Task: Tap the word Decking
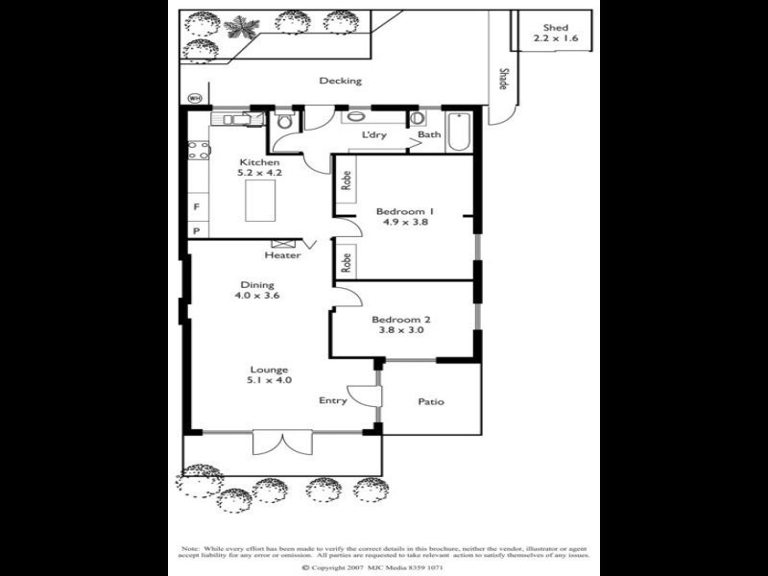coord(340,81)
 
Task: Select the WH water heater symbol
coord(195,98)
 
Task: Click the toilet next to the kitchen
coord(284,122)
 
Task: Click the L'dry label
coord(373,135)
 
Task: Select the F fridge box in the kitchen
coord(196,206)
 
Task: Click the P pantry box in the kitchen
coord(196,231)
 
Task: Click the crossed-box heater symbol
coord(283,245)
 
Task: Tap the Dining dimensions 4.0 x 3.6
coord(256,297)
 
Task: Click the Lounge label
coord(269,370)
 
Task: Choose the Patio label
coord(431,401)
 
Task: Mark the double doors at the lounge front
coord(282,443)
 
